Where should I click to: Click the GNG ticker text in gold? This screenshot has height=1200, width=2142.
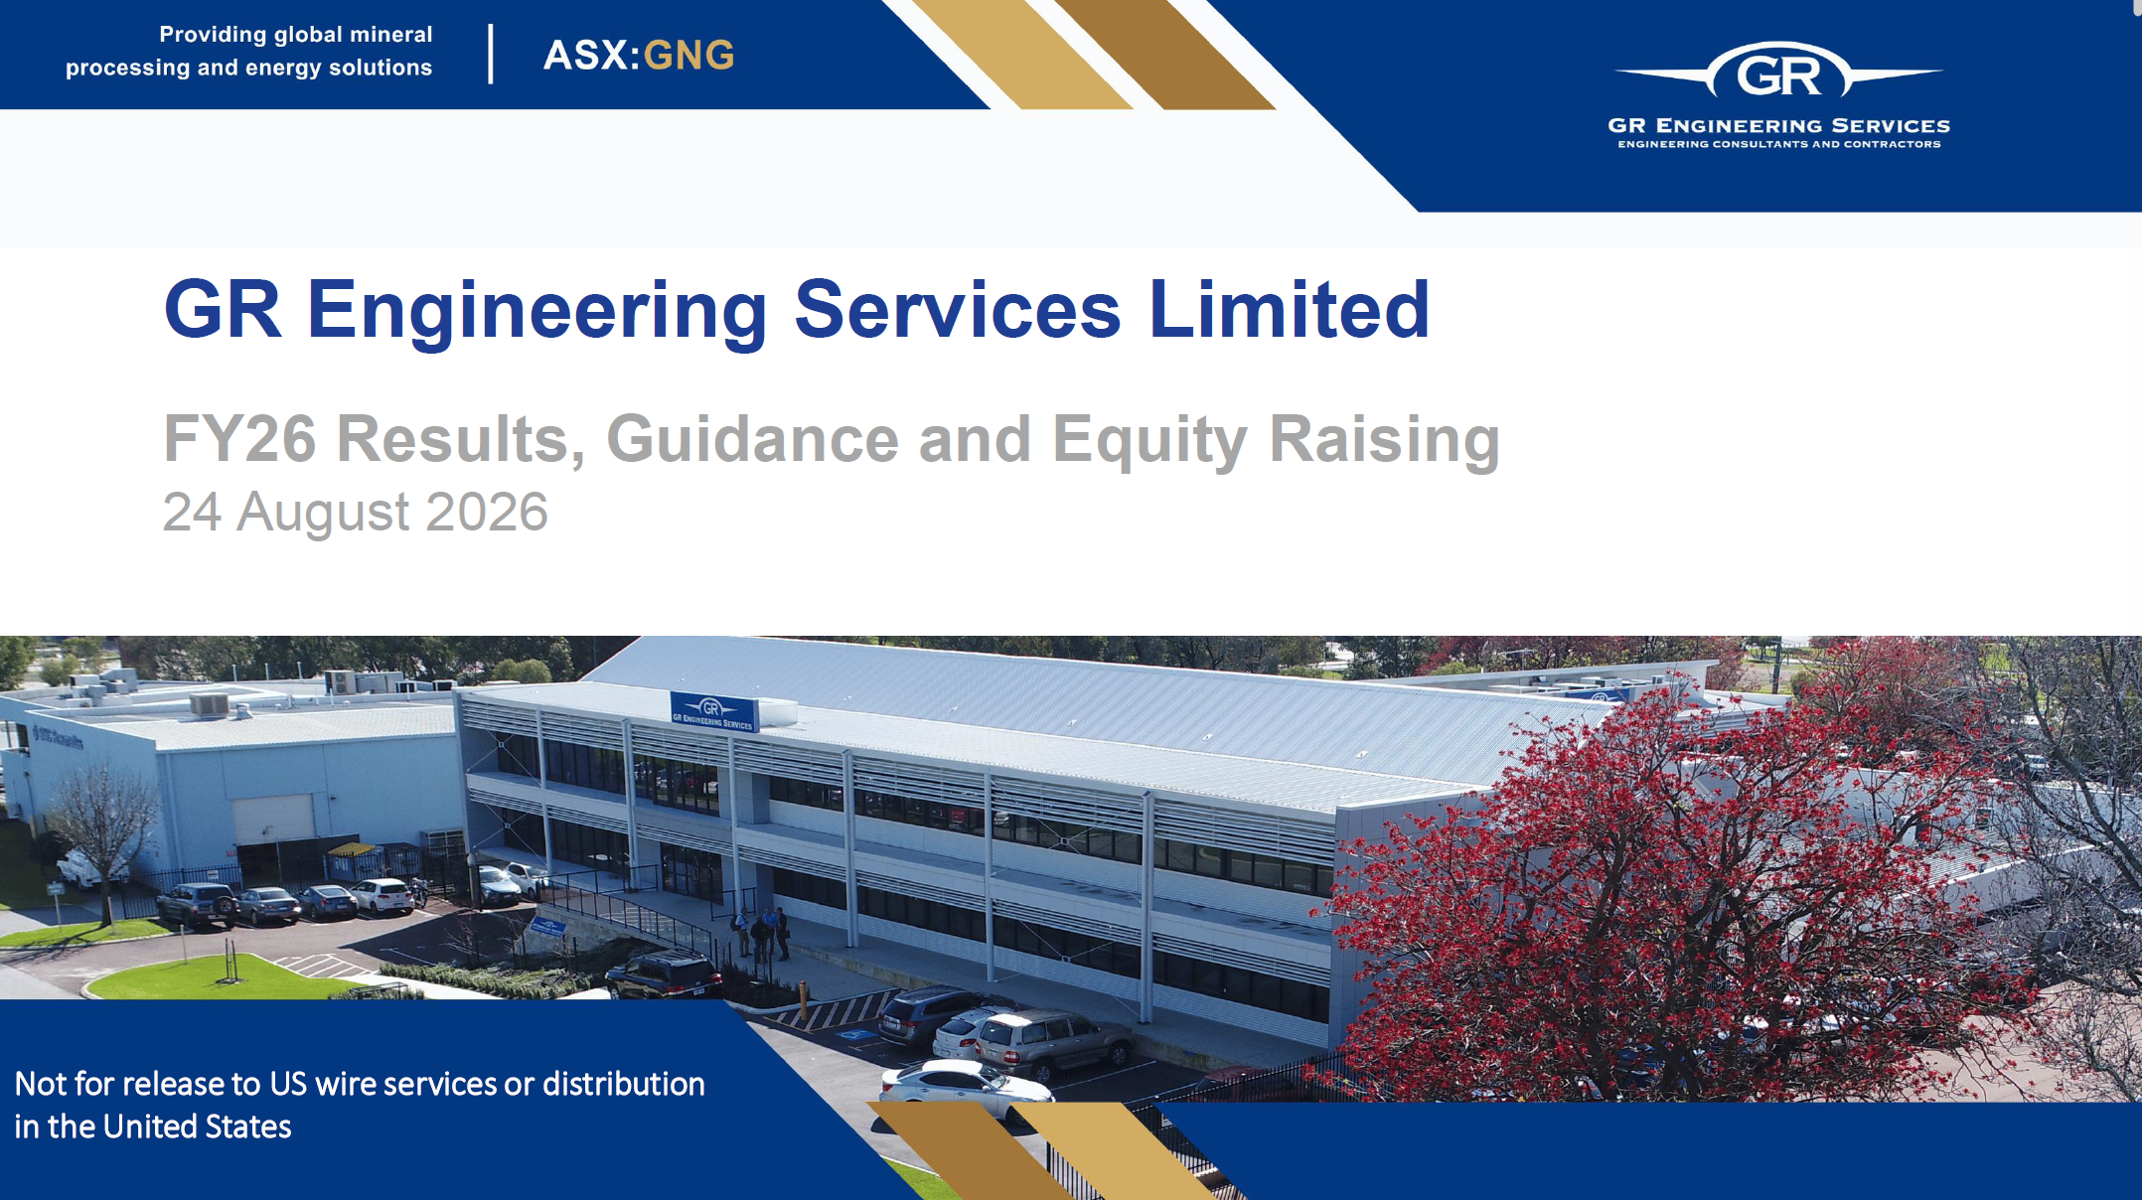click(x=688, y=56)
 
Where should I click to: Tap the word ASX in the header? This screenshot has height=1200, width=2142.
click(x=585, y=56)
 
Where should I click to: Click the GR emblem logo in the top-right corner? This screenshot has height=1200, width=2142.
click(x=1778, y=71)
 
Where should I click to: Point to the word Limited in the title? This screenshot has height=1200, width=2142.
click(x=1289, y=310)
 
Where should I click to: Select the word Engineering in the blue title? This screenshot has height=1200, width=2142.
click(x=536, y=312)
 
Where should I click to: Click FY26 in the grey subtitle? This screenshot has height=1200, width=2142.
click(x=239, y=438)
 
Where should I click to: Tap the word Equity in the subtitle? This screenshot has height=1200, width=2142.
click(x=1149, y=441)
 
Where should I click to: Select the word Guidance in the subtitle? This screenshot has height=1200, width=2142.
click(x=753, y=438)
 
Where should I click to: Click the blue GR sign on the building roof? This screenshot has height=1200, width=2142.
click(x=713, y=711)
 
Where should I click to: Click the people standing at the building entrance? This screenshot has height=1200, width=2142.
click(x=762, y=932)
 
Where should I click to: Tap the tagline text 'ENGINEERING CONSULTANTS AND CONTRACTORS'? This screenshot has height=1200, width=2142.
click(x=1778, y=145)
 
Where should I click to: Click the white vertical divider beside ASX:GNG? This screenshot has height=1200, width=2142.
click(x=491, y=55)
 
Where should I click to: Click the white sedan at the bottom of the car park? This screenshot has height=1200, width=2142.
click(x=966, y=1091)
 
